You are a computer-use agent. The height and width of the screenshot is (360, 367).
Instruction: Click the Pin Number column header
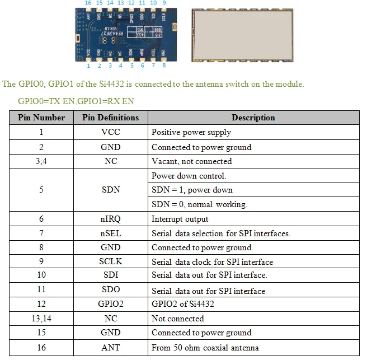click(41, 118)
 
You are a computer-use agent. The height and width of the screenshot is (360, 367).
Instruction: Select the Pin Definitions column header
click(110, 118)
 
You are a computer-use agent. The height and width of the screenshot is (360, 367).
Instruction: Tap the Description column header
click(253, 118)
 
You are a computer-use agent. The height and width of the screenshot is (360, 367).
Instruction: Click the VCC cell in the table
click(110, 133)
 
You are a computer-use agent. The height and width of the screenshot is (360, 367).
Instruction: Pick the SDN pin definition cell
click(110, 190)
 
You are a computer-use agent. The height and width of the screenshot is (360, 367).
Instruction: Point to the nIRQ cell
click(110, 219)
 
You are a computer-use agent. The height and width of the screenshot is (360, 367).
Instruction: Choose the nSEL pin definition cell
click(110, 233)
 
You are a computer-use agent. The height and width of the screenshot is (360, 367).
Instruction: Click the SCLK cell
click(110, 262)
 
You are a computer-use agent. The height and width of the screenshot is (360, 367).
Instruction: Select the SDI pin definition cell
click(110, 275)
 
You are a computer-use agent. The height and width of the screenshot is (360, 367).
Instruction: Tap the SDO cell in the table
click(110, 290)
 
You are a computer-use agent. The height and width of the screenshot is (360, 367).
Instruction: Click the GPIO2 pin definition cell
click(110, 305)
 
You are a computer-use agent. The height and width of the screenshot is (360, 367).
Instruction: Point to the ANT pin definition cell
click(110, 348)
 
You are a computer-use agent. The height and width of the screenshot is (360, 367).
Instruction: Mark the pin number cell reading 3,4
click(41, 161)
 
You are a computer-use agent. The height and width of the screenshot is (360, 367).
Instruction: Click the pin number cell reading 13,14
click(41, 319)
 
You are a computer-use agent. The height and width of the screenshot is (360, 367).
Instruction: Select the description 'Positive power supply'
click(191, 133)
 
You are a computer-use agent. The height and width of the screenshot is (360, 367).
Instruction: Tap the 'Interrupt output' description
click(180, 219)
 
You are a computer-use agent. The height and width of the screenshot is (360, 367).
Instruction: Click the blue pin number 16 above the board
click(88, 3)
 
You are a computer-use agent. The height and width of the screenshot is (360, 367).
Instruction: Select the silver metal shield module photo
click(241, 35)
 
